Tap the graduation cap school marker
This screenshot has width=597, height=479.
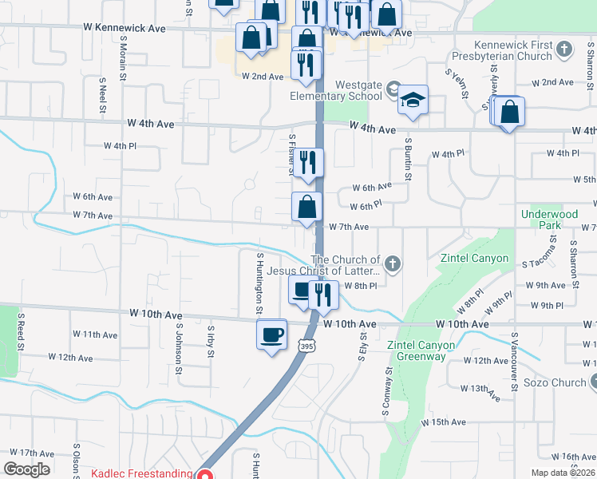click(413, 101)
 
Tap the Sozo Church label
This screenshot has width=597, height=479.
click(555, 382)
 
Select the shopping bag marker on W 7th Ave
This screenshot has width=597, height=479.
click(306, 208)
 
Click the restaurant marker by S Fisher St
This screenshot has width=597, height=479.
click(308, 163)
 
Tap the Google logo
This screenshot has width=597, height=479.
click(26, 469)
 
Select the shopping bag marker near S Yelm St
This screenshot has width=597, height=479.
click(509, 113)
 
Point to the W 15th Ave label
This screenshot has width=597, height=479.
click(442, 422)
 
